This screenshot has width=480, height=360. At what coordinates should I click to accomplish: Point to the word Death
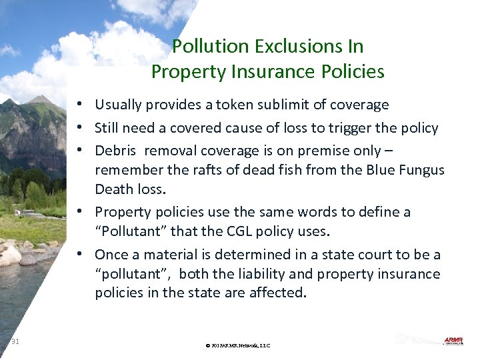coord(114,189)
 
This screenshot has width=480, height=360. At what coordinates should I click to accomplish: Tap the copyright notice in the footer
coord(239,345)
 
